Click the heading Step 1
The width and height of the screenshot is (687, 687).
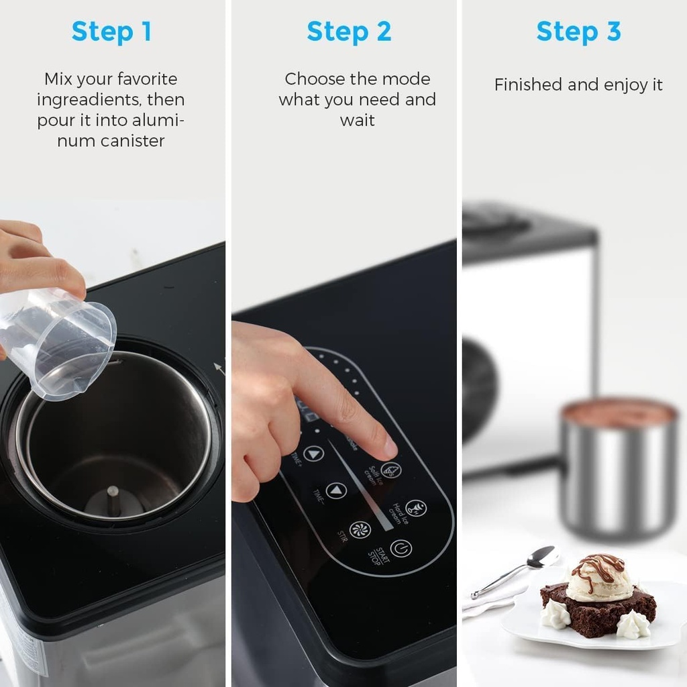pyautogui.click(x=111, y=32)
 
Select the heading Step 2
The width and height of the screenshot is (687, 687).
pyautogui.click(x=349, y=32)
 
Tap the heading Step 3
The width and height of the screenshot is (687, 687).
pyautogui.click(x=578, y=32)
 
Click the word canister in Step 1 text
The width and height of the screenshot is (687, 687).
pyautogui.click(x=133, y=141)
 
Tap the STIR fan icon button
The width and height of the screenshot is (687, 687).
pyautogui.click(x=360, y=529)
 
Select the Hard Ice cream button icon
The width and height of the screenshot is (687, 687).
pyautogui.click(x=416, y=508)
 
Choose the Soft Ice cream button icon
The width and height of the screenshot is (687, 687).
pyautogui.click(x=391, y=470)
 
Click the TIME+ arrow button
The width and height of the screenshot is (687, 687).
pyautogui.click(x=313, y=454)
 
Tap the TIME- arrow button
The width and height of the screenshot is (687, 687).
pyautogui.click(x=336, y=491)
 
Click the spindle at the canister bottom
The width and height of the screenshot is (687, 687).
pyautogui.click(x=113, y=499)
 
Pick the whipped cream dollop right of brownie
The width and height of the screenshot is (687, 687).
pyautogui.click(x=633, y=625)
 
